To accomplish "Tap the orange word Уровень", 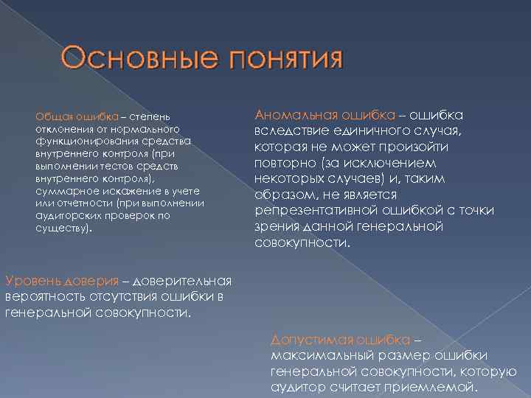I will pyautogui.click(x=32, y=281).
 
